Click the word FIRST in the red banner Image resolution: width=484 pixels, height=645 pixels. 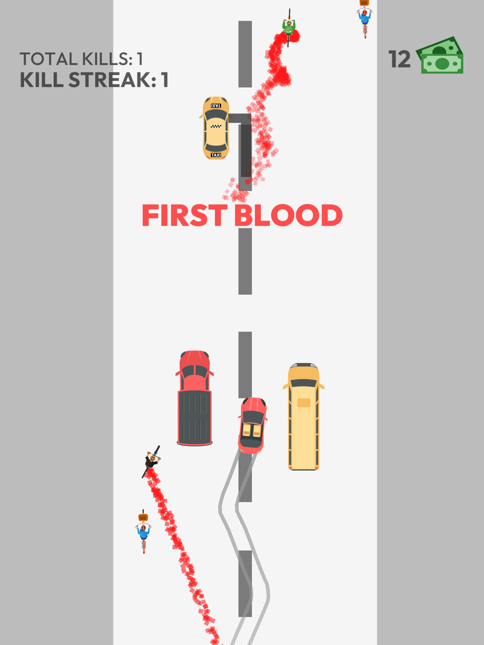pyautogui.click(x=185, y=215)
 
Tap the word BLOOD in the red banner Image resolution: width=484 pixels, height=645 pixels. pyautogui.click(x=288, y=215)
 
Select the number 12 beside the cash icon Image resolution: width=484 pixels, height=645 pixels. pyautogui.click(x=399, y=59)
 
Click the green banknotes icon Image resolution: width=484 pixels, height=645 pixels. pyautogui.click(x=440, y=55)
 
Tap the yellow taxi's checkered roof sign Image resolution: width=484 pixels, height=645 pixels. pyautogui.click(x=216, y=126)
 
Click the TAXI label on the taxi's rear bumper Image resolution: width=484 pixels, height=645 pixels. pyautogui.click(x=216, y=155)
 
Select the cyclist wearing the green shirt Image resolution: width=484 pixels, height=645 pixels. pyautogui.click(x=289, y=28)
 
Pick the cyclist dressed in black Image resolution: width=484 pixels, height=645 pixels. pyautogui.click(x=151, y=461)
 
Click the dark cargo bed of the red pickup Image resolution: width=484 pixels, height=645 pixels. pyautogui.click(x=195, y=417)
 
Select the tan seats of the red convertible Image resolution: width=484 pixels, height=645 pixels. pyautogui.click(x=252, y=430)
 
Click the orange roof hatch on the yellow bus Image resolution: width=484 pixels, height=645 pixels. pyautogui.click(x=304, y=402)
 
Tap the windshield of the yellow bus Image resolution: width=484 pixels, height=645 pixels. pyautogui.click(x=304, y=383)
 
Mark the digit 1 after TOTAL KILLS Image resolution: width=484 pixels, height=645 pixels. pyautogui.click(x=140, y=59)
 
